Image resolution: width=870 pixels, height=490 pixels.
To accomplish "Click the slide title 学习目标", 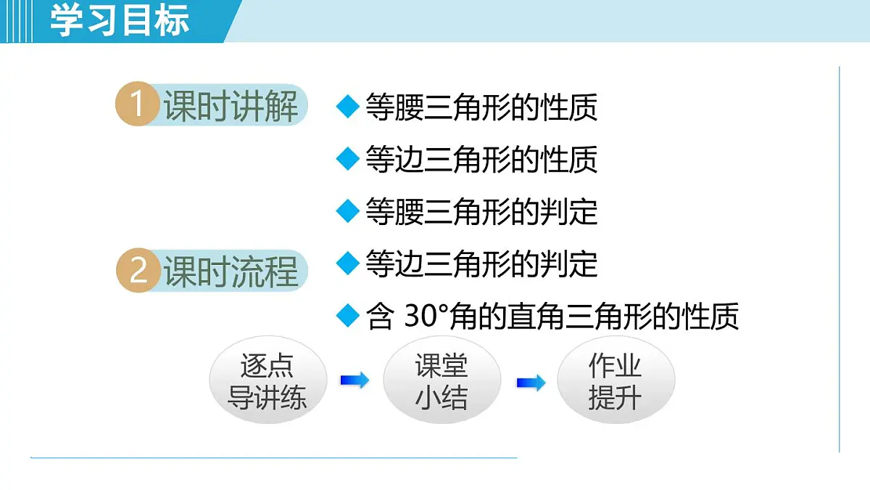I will (x=120, y=20).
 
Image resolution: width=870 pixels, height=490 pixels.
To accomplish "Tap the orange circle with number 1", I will (x=137, y=105).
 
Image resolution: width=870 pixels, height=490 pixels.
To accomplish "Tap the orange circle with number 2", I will (x=138, y=271).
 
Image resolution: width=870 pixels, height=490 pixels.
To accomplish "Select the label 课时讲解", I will (x=231, y=107).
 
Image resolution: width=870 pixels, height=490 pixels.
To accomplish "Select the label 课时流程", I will (x=231, y=272).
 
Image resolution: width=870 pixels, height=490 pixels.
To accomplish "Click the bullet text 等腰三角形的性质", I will (x=481, y=107).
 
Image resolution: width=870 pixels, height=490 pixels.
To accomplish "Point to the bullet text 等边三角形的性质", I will (x=481, y=159).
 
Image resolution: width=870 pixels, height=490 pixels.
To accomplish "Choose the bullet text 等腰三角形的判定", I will (x=481, y=211).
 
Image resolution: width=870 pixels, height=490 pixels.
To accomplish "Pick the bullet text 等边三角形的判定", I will (x=481, y=264).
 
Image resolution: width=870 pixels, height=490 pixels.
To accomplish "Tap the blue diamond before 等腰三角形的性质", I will (x=348, y=106).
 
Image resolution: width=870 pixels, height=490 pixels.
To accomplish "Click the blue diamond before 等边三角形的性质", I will (x=348, y=158).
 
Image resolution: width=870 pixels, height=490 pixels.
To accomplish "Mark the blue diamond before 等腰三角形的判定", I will (x=348, y=211).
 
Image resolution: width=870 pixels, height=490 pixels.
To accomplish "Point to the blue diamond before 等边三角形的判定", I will (x=348, y=263).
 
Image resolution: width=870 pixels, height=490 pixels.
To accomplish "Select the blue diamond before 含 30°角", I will (x=348, y=316).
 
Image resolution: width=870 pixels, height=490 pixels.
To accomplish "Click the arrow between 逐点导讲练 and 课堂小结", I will (x=355, y=380).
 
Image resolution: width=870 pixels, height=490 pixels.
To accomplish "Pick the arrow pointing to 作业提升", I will (x=531, y=383).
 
